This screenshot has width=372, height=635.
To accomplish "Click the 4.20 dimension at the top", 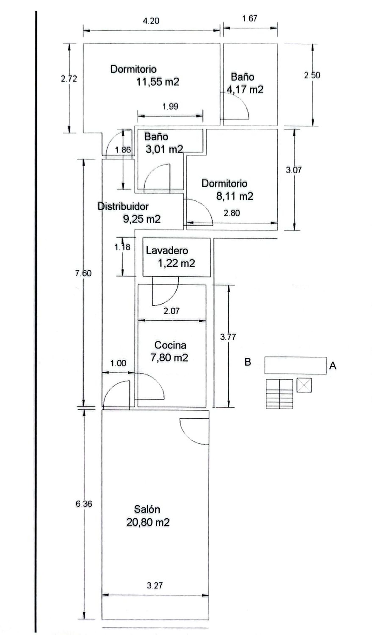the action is click(151, 21).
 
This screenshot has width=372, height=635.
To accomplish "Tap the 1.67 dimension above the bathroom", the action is click(249, 18).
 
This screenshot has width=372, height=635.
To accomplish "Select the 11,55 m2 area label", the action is click(158, 82).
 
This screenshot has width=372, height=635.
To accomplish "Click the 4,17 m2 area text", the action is click(245, 90).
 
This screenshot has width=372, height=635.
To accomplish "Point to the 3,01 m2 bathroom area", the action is click(164, 149).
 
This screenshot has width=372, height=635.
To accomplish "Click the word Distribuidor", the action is click(123, 206).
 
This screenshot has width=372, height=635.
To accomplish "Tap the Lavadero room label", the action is click(167, 251).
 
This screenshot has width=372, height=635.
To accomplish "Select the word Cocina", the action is click(170, 345).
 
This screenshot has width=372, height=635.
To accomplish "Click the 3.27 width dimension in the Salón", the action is click(155, 585).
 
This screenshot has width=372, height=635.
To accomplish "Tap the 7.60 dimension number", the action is click(83, 273).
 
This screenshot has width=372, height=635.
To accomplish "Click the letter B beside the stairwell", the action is click(248, 362).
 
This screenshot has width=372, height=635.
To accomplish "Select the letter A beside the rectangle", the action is click(333, 366).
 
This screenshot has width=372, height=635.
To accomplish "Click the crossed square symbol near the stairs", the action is click(304, 385).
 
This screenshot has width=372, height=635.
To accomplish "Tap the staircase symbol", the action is click(279, 394).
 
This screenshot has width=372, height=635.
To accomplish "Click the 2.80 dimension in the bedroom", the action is click(232, 213).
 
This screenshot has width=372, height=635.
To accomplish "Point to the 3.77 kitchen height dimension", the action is click(228, 337).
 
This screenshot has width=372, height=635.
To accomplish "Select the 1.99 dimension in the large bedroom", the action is click(170, 107).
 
